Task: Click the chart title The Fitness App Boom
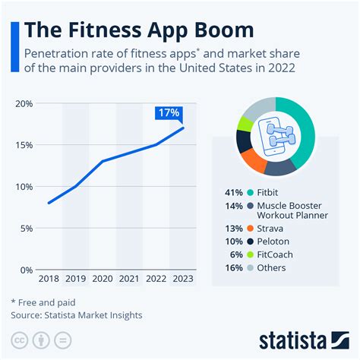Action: [138, 30]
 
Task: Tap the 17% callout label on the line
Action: [168, 113]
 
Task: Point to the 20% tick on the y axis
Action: [24, 103]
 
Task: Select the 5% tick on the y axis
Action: [26, 229]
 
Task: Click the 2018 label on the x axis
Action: [48, 279]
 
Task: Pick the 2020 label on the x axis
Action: [103, 279]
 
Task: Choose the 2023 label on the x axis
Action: [183, 279]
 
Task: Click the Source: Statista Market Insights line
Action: [76, 314]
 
